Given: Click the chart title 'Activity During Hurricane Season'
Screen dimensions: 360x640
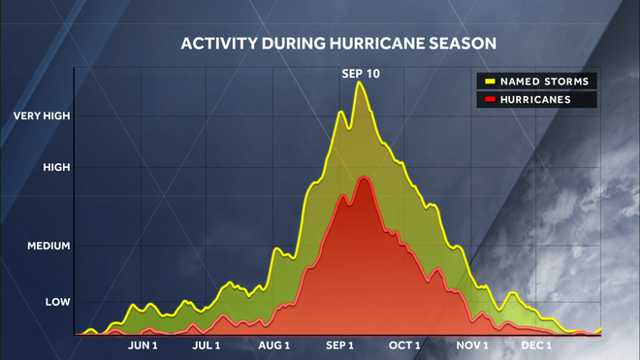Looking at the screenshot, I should pos(338,44).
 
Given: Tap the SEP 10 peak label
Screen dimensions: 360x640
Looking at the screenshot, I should pos(360,73).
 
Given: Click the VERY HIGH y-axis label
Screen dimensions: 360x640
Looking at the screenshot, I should pos(42,116).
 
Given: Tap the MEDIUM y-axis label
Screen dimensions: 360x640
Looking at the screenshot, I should pos(48,246).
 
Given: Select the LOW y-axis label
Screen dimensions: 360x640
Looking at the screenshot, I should pos(57,303).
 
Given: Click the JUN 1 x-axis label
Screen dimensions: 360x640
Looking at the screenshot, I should pos(142,345).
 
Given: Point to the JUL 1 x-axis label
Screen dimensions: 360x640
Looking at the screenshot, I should pos(207,345).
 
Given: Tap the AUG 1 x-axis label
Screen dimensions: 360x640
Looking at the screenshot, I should pos(275,345).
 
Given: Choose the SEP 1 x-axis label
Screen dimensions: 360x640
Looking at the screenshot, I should pos(339,345).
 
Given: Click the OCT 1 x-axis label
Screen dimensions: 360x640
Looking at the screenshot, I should pos(404,345).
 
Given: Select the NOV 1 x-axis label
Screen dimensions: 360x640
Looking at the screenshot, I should pos(472,345).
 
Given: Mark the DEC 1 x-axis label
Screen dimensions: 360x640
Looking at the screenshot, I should pos(536,345).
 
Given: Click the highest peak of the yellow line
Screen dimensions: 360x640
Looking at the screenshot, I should pos(361,82).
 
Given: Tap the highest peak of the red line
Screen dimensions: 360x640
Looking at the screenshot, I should pos(364,178).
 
